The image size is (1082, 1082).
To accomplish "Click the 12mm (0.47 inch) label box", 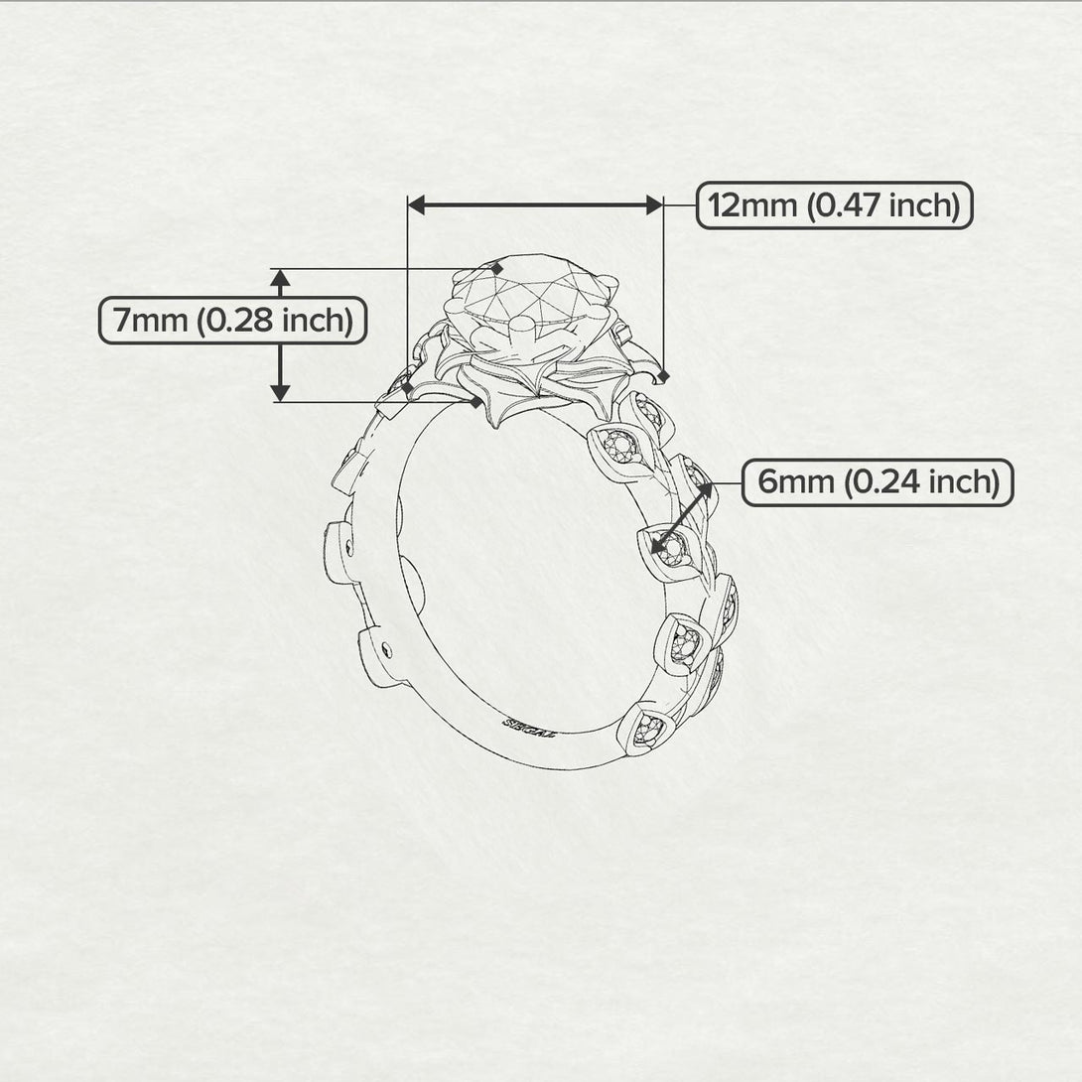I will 833,205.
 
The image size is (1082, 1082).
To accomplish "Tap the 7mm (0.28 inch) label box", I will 232,321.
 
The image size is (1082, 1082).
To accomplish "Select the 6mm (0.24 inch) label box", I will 878,482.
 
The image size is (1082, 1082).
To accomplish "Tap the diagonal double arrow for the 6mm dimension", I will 682,514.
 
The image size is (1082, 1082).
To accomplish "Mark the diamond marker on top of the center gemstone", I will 497,268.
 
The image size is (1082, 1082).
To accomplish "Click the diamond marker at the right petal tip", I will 663,377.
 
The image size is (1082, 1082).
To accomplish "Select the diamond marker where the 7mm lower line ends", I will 478,402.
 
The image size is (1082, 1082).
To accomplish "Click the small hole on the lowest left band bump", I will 386,650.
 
